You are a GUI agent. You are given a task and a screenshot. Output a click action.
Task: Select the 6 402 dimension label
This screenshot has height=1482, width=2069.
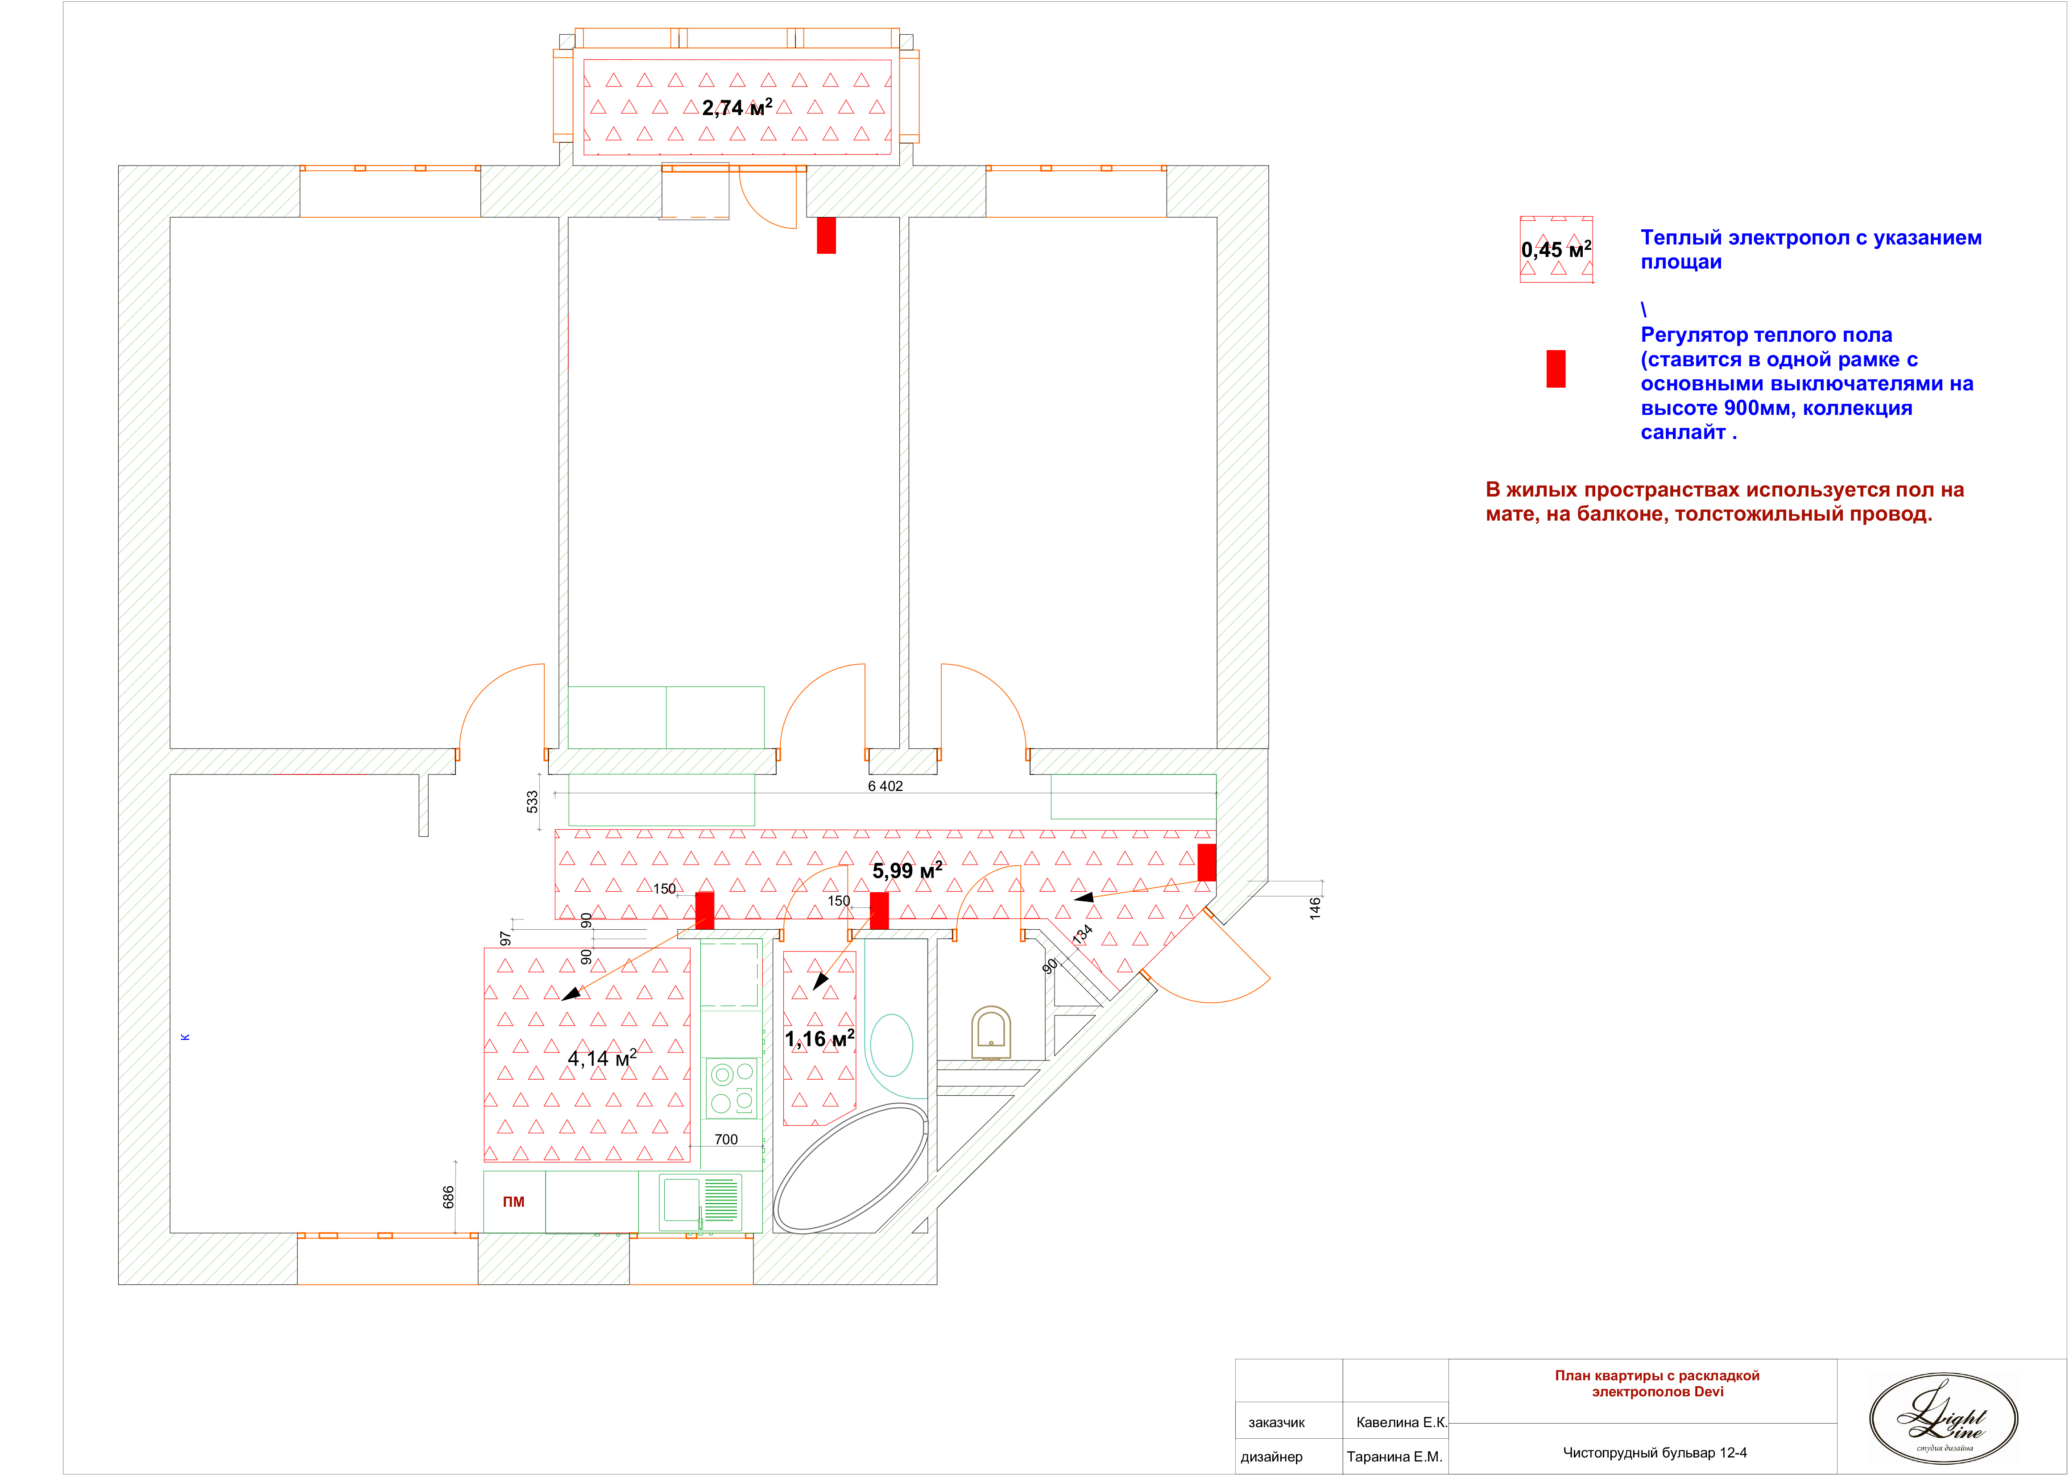[885, 786]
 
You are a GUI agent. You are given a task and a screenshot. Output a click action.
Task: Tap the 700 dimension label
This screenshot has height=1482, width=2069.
[726, 1139]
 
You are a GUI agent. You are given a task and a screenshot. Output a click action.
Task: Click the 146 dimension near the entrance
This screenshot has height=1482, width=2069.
[1315, 908]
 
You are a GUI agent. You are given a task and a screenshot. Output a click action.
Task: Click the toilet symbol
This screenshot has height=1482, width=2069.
[991, 1031]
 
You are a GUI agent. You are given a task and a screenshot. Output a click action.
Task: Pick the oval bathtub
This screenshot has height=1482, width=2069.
[850, 1168]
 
